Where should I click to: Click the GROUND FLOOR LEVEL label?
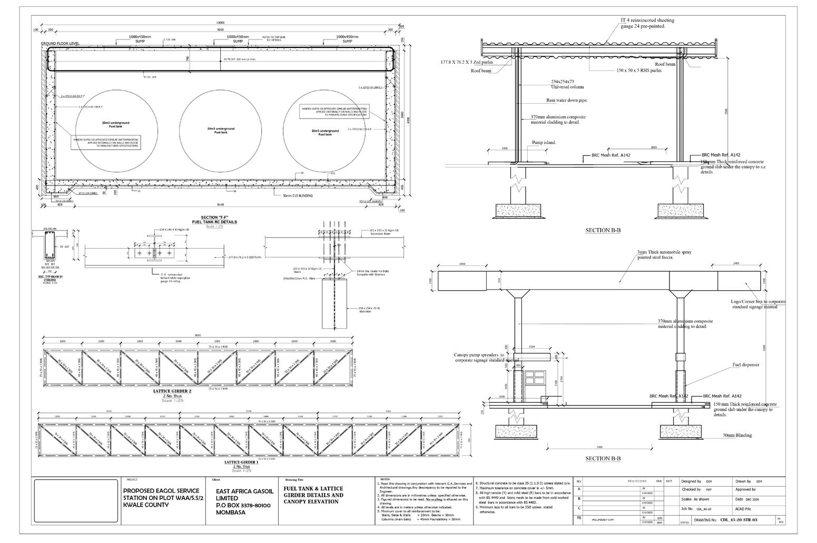[60, 43]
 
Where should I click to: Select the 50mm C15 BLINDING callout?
[298, 195]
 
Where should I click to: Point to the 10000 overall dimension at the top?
[221, 23]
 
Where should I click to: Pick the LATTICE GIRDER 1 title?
[242, 462]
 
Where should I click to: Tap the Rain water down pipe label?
[567, 100]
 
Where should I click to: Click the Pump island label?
[544, 142]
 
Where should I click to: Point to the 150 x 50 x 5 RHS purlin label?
[638, 70]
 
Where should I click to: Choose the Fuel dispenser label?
[745, 364]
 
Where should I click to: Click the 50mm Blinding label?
[737, 435]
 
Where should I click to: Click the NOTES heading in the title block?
[385, 479]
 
